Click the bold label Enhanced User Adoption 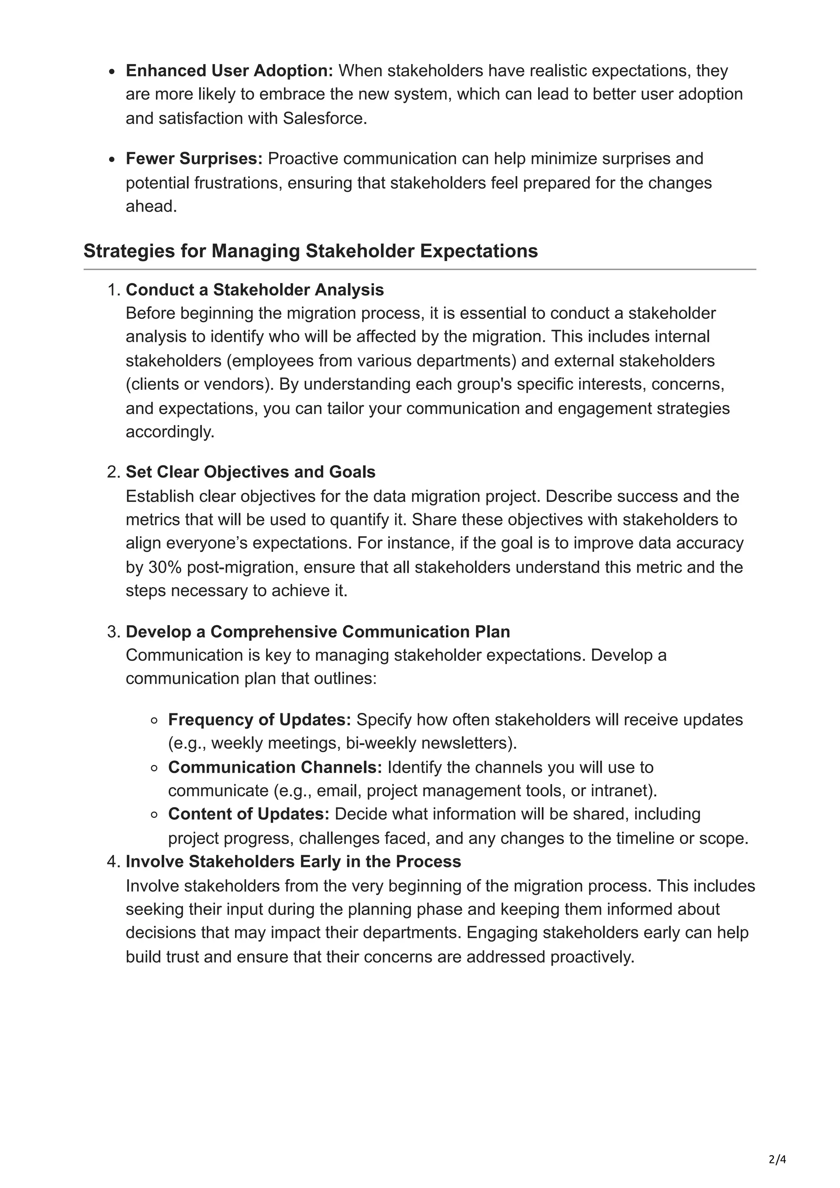[229, 71]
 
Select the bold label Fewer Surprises [194, 158]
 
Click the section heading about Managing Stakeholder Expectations [310, 251]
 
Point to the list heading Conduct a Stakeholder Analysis [255, 290]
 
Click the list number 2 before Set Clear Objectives [113, 472]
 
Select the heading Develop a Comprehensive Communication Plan [318, 632]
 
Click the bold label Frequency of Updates [259, 720]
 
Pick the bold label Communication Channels [275, 767]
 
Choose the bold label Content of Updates [249, 814]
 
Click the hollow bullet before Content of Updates [154, 815]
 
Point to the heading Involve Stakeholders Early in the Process [293, 862]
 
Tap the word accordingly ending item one [169, 432]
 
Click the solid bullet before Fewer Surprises [112, 160]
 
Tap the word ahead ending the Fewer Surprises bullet [151, 207]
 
